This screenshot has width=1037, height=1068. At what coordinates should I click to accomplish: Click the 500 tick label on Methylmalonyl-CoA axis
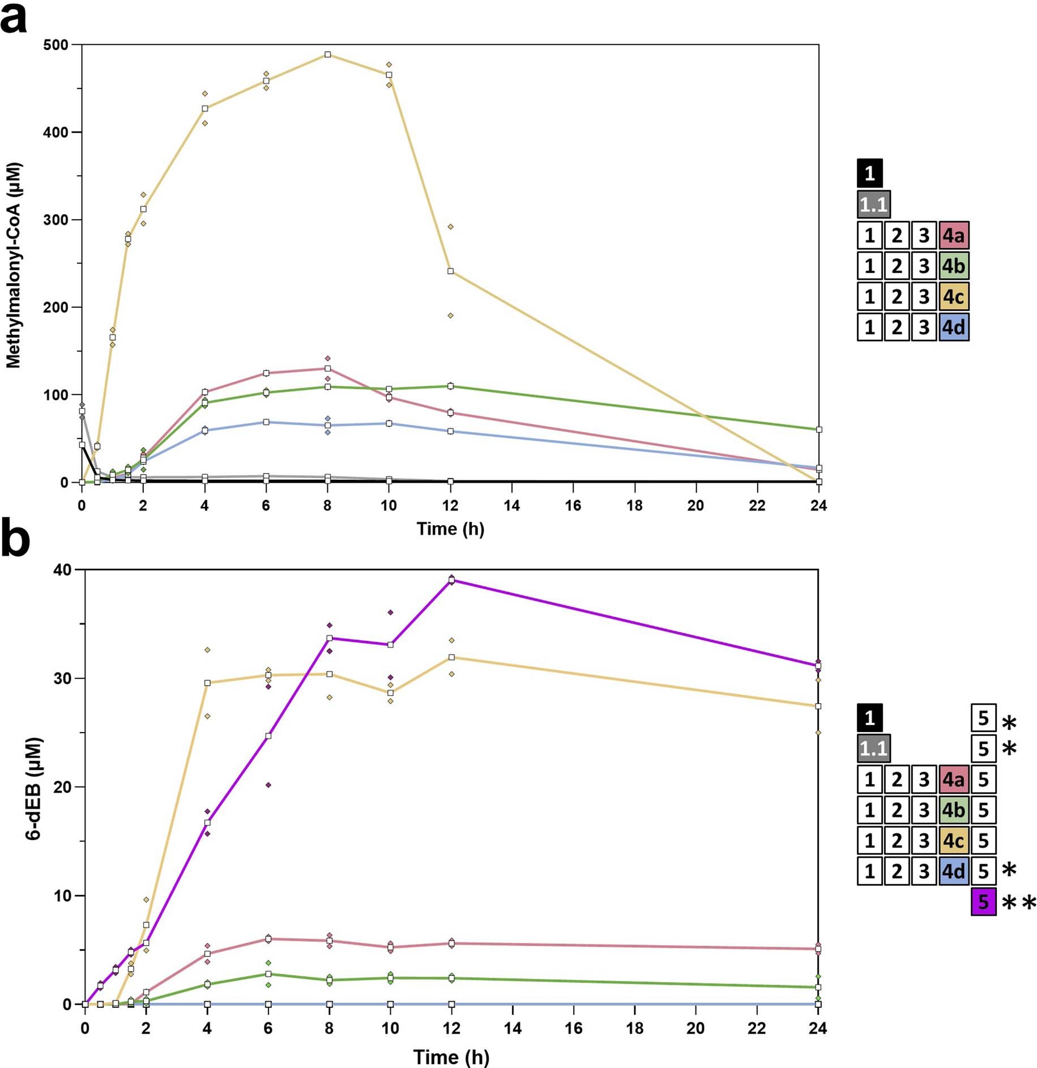pos(55,45)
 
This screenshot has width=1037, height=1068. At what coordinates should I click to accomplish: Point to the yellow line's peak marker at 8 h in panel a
pos(327,55)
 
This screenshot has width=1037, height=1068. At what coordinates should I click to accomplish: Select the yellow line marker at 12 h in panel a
pos(450,271)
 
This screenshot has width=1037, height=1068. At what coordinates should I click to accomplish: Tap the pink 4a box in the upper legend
pos(954,235)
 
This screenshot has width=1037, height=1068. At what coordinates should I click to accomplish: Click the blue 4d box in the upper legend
pos(954,327)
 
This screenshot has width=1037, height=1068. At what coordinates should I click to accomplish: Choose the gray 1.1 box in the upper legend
pos(873,205)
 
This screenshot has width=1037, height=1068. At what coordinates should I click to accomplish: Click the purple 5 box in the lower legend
pos(983,901)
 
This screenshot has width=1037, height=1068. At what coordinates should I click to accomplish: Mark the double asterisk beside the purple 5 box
pos(1018,903)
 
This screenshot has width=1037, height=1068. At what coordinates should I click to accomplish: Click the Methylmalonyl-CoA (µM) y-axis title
pos(14,265)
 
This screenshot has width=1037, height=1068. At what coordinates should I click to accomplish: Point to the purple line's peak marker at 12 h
pos(451,580)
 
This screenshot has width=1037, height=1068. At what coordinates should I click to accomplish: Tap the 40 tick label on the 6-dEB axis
pos(62,570)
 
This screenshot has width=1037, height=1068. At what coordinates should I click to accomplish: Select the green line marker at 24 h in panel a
pos(818,430)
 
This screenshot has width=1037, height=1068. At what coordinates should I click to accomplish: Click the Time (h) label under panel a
pos(450,529)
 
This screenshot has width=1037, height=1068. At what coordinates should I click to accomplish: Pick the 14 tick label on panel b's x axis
pos(513,1028)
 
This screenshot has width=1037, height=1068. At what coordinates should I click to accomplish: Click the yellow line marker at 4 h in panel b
pos(207,683)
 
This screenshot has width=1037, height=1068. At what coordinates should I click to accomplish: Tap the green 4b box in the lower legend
pos(954,810)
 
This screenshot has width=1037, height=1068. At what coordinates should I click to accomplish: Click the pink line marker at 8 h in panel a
pos(327,369)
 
